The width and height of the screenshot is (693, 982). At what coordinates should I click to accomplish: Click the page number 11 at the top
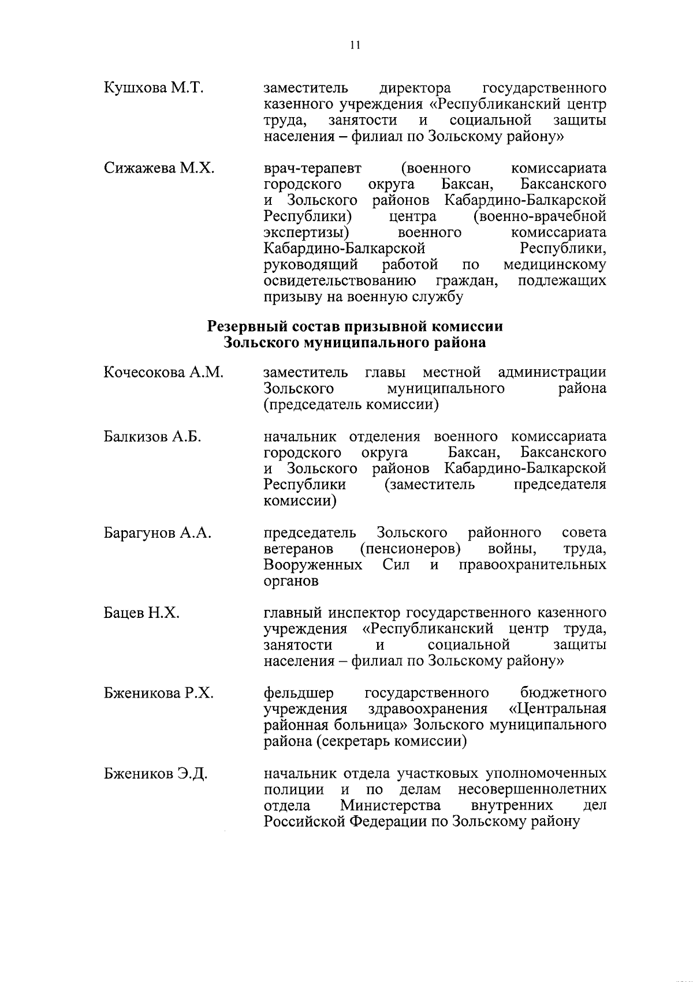click(x=355, y=46)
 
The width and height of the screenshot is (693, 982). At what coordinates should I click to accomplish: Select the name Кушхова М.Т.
click(x=154, y=88)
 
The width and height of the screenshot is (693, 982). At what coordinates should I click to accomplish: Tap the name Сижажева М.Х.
click(x=159, y=168)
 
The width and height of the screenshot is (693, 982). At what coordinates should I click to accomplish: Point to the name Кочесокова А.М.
click(x=163, y=373)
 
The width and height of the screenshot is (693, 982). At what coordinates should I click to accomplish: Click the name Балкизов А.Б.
click(x=152, y=437)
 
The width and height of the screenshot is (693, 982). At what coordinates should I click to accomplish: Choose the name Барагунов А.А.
click(x=158, y=533)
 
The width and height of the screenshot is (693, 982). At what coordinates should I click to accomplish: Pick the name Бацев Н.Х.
click(x=141, y=613)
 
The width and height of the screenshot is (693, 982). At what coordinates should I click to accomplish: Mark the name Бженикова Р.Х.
click(x=159, y=693)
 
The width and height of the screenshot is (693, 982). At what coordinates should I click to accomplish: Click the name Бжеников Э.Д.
click(x=156, y=774)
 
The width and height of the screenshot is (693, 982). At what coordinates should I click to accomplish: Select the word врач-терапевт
click(x=312, y=168)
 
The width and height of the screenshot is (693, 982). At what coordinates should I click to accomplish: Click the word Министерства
click(x=391, y=805)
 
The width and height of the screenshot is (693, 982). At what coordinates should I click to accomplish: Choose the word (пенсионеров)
click(x=410, y=548)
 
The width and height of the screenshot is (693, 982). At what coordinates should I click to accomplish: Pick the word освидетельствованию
click(x=340, y=281)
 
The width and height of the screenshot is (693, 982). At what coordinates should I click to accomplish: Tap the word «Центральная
click(x=558, y=709)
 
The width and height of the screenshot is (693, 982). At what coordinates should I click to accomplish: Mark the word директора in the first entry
click(x=415, y=88)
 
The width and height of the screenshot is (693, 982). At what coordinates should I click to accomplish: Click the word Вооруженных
click(x=313, y=564)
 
